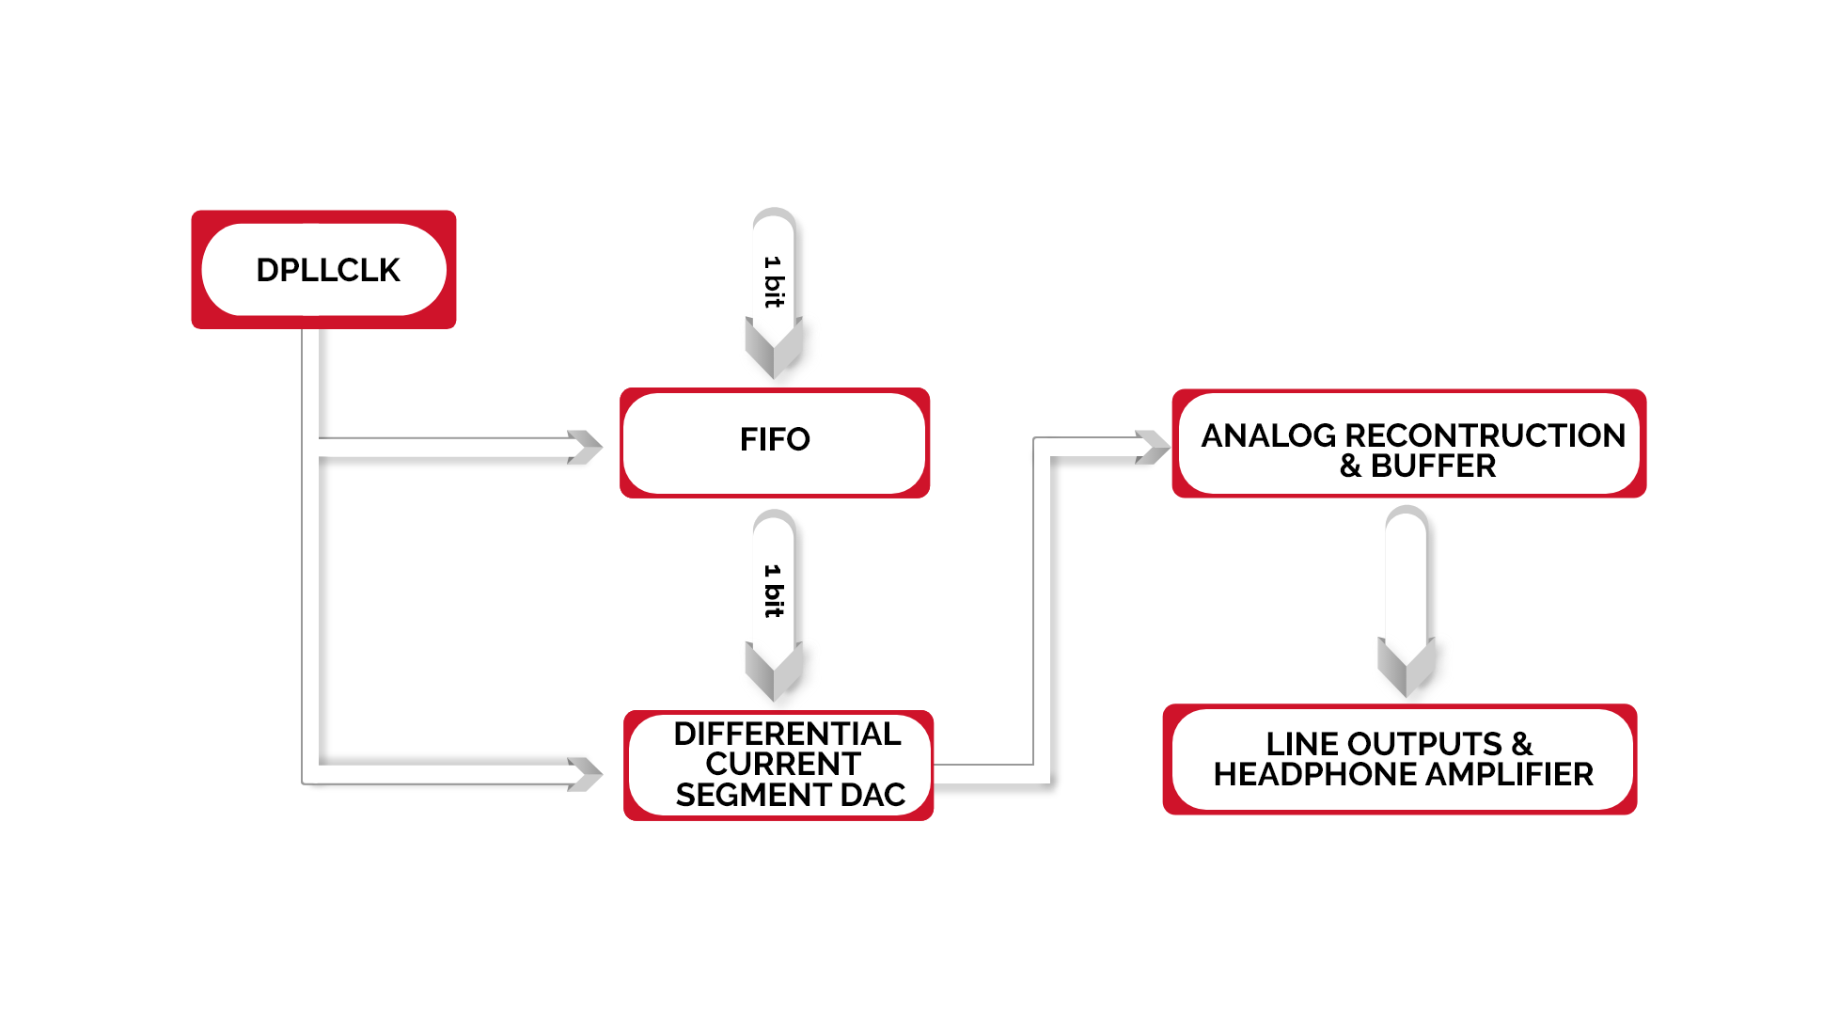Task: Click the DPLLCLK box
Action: pos(324,270)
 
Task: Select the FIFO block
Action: pos(775,440)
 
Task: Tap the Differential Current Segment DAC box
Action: pos(778,765)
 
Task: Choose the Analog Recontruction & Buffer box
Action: pos(1408,444)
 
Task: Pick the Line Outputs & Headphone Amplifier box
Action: pos(1400,759)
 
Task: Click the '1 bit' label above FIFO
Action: pos(773,281)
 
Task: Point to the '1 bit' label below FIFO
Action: pos(773,591)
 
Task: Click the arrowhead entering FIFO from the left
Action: pos(586,448)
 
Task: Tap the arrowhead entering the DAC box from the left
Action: pos(586,774)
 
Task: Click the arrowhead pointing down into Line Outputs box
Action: pos(1406,667)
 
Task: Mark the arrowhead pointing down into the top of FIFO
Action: pos(773,349)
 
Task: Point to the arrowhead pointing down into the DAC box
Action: pos(773,672)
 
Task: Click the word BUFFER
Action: pos(1433,467)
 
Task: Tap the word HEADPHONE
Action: pos(1302,775)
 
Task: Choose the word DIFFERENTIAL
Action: pos(787,734)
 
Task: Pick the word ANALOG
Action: pos(1268,435)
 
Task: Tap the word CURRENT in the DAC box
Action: pos(782,764)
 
